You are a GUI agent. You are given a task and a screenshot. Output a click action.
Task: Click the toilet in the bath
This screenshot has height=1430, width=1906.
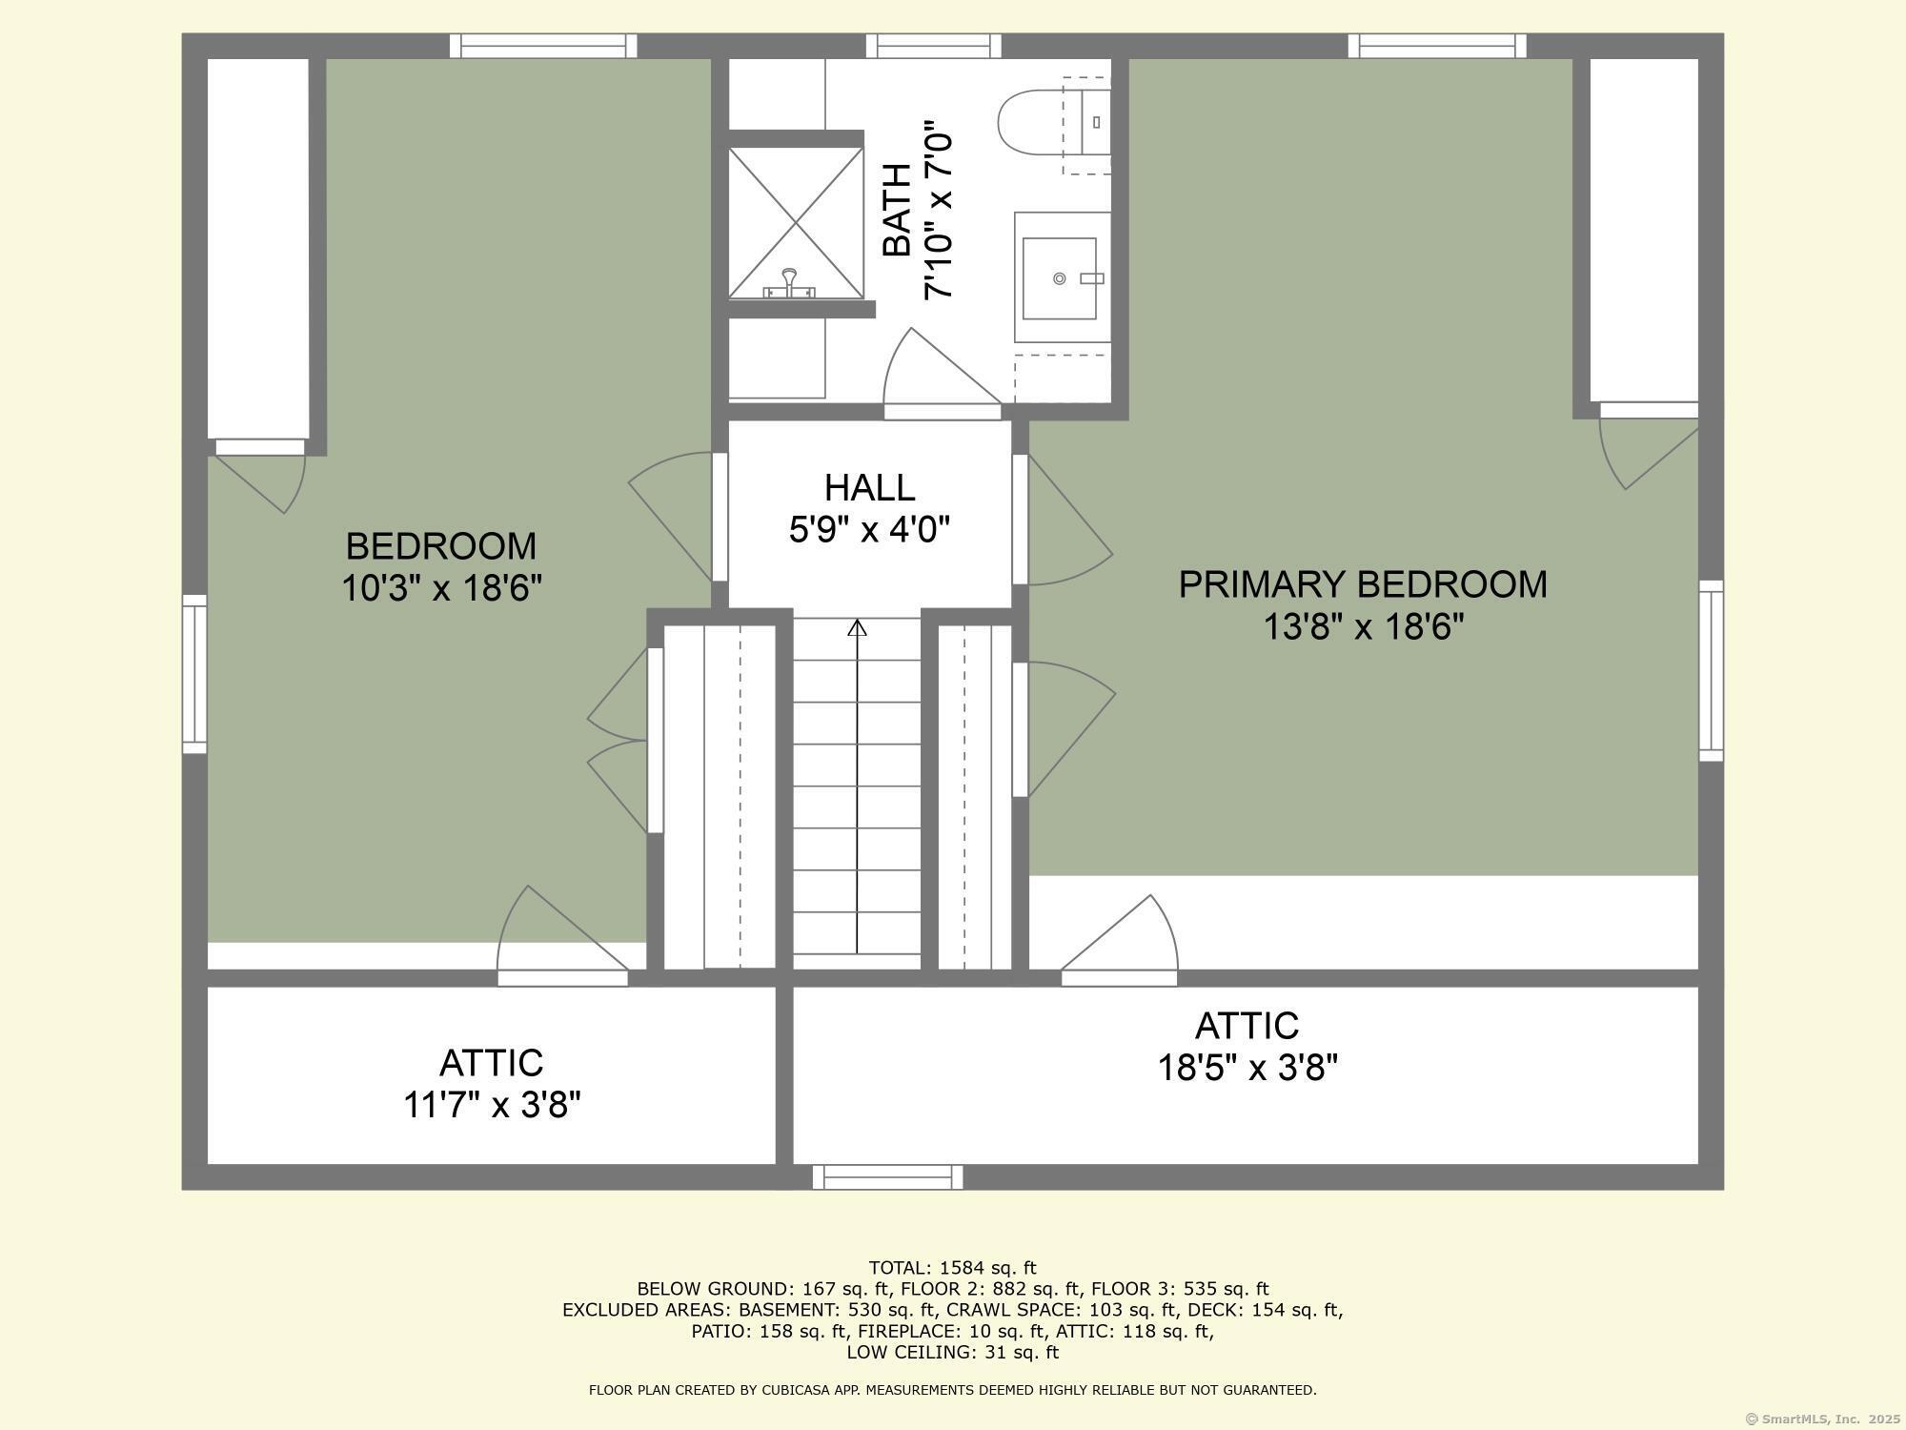(x=1054, y=122)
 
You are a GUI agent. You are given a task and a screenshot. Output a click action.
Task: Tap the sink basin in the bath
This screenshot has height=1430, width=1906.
(x=1059, y=278)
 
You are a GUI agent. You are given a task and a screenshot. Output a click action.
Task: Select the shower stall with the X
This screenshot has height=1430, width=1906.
(x=796, y=222)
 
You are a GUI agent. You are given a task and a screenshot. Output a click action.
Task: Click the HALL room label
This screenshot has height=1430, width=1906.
(x=869, y=487)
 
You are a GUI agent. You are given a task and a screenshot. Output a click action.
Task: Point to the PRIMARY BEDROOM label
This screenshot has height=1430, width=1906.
(x=1363, y=584)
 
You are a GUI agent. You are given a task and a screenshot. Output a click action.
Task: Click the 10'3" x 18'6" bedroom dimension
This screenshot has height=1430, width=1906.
(x=441, y=588)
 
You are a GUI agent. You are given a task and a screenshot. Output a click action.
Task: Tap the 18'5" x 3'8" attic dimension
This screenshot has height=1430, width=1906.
(x=1247, y=1068)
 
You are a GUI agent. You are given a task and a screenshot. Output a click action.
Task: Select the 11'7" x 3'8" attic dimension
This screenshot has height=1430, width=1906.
(x=492, y=1105)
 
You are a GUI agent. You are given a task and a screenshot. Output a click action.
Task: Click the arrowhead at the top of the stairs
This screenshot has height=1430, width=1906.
(x=857, y=627)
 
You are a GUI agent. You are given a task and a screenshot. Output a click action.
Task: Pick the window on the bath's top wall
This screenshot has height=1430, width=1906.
(x=934, y=46)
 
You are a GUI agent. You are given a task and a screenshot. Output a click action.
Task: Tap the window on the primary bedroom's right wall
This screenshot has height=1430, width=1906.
(x=1712, y=670)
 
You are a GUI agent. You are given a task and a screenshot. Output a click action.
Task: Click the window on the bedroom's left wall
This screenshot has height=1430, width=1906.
(x=194, y=674)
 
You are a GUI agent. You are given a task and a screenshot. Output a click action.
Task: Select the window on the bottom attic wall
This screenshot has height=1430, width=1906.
(x=887, y=1177)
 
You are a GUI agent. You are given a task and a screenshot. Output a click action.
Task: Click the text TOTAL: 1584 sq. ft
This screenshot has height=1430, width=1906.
(x=952, y=1268)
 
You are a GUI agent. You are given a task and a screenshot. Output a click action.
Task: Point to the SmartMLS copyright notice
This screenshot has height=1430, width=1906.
(x=1821, y=1419)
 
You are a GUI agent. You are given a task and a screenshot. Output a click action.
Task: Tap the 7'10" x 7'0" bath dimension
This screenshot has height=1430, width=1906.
(x=940, y=210)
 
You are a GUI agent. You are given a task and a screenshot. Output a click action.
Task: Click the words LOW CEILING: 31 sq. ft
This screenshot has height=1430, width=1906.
(x=952, y=1352)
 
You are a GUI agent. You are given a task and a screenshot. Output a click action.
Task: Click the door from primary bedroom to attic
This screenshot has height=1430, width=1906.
(x=1120, y=939)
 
